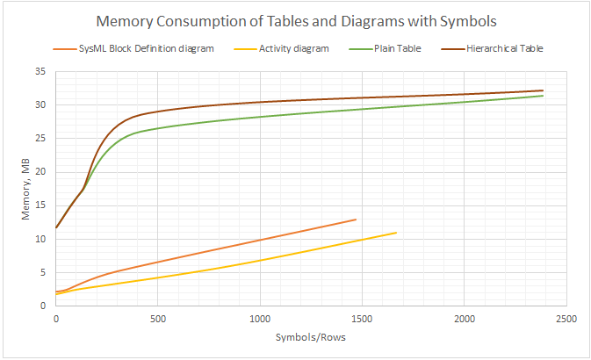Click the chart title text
[x=295, y=21]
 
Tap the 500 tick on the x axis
[x=157, y=317]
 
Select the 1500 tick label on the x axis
[x=361, y=317]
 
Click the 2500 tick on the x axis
[x=565, y=317]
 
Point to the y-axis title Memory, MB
[x=25, y=189]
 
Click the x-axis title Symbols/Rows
[x=310, y=335]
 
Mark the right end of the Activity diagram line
[x=396, y=233]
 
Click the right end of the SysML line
[x=356, y=220]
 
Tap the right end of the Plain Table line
[x=543, y=96]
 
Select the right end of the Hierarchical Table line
[x=543, y=90]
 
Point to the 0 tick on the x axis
[x=55, y=317]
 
